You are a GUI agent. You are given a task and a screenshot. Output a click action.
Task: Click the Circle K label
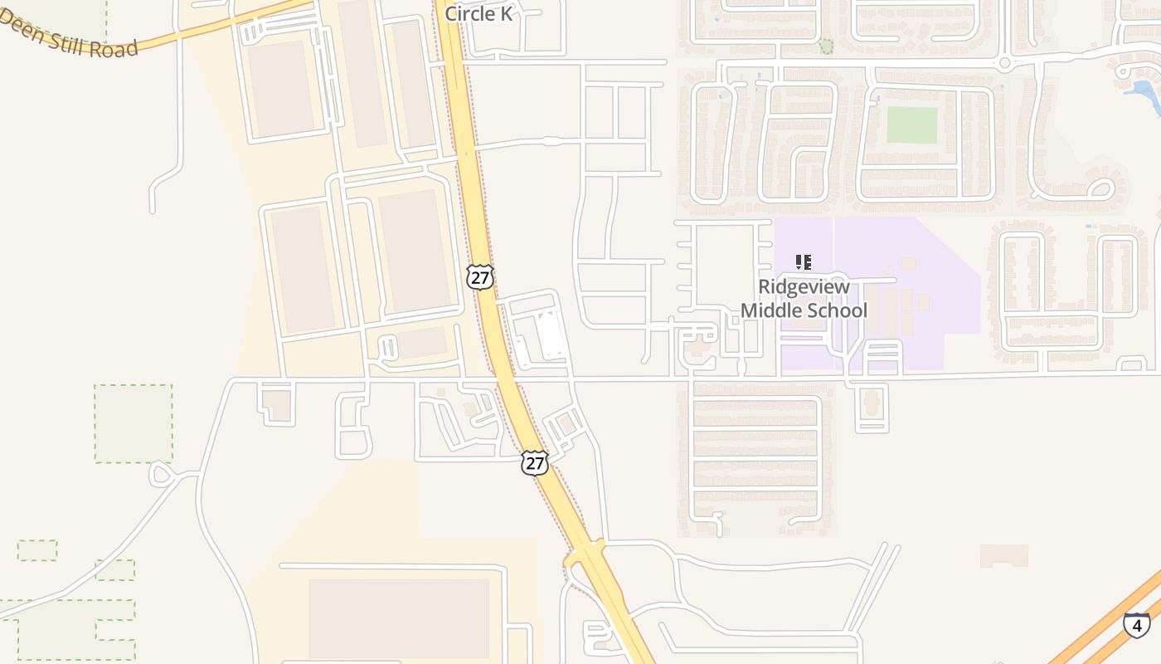[x=478, y=13]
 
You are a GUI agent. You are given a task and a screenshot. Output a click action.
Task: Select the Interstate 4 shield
[x=1136, y=624]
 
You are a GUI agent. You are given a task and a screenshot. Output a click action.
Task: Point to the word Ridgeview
[x=804, y=287]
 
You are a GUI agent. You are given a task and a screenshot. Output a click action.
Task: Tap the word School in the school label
[x=838, y=311]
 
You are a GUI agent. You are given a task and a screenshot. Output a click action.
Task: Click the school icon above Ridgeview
[x=803, y=262]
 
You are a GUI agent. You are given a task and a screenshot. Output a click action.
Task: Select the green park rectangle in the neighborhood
[x=911, y=124]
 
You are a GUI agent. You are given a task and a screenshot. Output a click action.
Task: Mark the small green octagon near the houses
[x=826, y=46]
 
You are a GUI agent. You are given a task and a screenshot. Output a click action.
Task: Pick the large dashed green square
[x=133, y=422]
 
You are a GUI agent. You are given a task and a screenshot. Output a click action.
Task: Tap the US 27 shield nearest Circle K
[x=479, y=276]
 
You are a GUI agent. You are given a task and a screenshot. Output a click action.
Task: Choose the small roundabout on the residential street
[x=1004, y=62]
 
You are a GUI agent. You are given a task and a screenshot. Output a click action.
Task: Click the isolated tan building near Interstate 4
[x=1003, y=555]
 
